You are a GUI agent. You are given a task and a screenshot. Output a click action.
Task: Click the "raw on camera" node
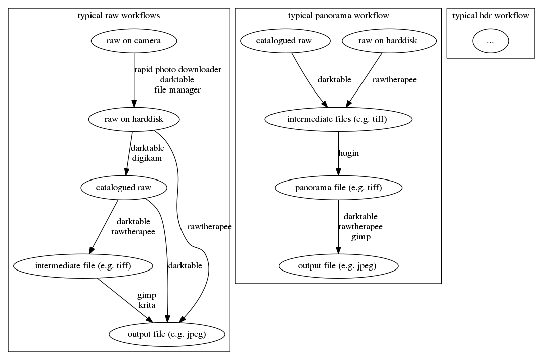(134, 41)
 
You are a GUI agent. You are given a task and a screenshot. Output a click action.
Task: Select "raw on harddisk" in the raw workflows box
(133, 119)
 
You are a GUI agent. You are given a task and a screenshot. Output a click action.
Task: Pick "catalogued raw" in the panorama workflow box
(286, 41)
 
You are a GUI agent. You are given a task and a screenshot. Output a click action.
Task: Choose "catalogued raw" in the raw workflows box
(123, 188)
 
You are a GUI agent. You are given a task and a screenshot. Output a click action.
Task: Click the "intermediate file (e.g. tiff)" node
(83, 266)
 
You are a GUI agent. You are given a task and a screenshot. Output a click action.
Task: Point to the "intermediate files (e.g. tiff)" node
(338, 119)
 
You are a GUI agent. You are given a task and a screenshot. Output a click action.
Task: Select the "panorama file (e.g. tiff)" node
(338, 188)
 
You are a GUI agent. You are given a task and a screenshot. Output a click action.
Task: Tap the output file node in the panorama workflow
(338, 266)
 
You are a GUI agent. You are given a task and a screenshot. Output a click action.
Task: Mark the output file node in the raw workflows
(166, 334)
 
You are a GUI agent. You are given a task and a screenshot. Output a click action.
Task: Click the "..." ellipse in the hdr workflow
(490, 42)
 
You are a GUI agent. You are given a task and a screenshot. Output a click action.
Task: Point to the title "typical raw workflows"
(119, 16)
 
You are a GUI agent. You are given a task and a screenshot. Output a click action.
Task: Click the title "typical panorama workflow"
(338, 16)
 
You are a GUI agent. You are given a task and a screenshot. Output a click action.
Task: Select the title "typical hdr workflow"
(491, 16)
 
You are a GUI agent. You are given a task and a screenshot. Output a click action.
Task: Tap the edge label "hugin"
(349, 153)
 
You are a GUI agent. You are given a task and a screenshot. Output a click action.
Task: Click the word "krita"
(147, 305)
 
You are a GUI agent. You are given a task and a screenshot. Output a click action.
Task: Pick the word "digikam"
(147, 158)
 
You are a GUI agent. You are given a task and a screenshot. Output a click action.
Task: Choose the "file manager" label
(177, 90)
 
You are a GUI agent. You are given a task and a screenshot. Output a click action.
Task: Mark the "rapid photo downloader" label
(177, 70)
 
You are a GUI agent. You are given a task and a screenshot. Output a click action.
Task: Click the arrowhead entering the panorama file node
(338, 176)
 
